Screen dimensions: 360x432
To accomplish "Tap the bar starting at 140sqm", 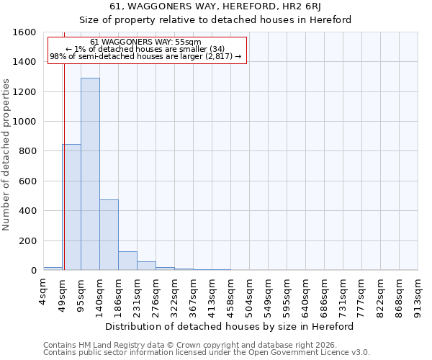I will pyautogui.click(x=109, y=235).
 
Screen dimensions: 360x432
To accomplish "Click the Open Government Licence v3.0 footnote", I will pyautogui.click(x=206, y=353).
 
